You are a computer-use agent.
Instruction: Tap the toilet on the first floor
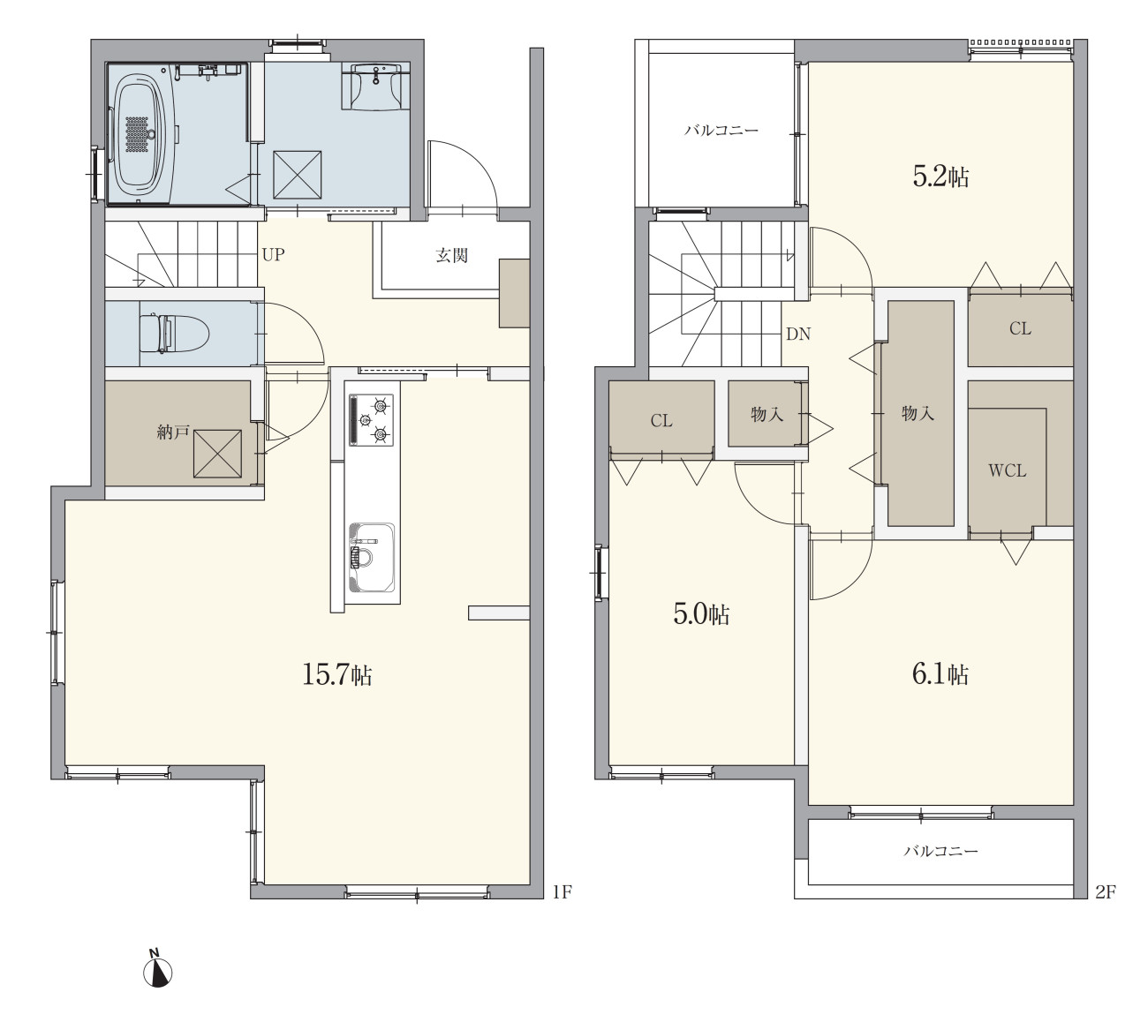coord(174,334)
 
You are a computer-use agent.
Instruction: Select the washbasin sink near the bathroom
coord(376,85)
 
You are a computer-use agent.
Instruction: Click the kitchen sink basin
coord(372,557)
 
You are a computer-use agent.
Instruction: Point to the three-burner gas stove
coord(371,420)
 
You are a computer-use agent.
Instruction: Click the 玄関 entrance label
coord(451,255)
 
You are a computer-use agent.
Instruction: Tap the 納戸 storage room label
coord(173,432)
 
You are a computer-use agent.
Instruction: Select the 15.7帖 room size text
coord(336,674)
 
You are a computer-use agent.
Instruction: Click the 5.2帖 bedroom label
coord(940,177)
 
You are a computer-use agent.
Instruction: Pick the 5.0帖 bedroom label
coord(701,614)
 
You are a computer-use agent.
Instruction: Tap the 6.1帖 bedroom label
coord(940,674)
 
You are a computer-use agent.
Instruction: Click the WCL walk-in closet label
coord(1007,470)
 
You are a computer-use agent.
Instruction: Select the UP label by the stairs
coord(273,255)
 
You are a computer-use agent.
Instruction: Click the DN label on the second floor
coord(798,335)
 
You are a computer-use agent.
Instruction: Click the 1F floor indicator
coord(563,892)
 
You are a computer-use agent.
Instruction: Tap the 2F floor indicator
coord(1106,892)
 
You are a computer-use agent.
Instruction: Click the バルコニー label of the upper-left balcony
coord(721,131)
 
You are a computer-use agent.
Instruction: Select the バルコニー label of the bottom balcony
coord(940,851)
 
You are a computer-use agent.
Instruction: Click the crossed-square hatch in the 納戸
coord(217,454)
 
